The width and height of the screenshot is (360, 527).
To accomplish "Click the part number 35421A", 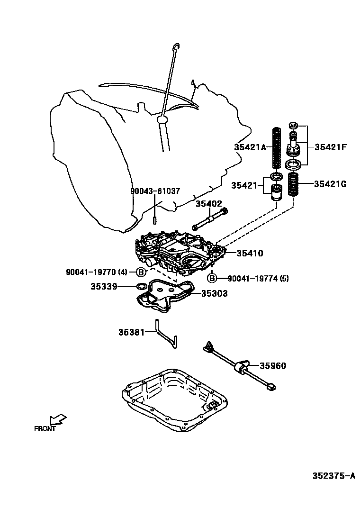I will (x=251, y=147).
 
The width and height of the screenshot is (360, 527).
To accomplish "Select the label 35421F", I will (x=330, y=147).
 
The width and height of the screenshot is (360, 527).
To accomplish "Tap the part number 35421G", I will (x=330, y=184).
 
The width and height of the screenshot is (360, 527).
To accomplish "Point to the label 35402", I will (x=209, y=203).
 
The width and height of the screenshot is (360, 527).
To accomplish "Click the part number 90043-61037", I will (x=155, y=191).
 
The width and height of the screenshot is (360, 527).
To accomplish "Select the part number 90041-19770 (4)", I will (x=97, y=272).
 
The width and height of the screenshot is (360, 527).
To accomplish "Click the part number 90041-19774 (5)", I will (x=258, y=278).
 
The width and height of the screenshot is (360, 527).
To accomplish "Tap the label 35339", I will (x=104, y=286).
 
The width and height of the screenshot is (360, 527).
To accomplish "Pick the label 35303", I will (x=214, y=294).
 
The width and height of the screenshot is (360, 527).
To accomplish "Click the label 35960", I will (x=273, y=366).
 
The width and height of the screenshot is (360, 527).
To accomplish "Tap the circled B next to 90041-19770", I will (x=141, y=272).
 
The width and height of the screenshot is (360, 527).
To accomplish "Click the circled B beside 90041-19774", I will (x=212, y=278).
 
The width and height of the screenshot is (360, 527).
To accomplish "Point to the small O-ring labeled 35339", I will (x=141, y=286).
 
